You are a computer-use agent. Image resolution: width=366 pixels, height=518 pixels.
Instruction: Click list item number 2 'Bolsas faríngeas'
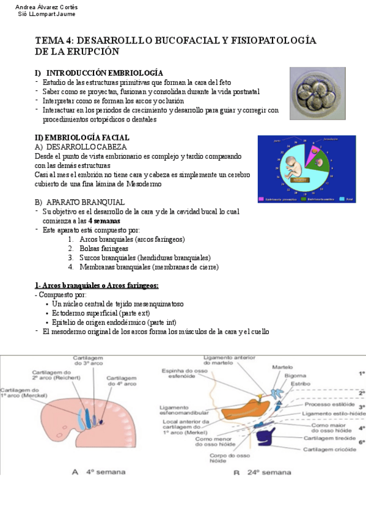(x=103, y=249)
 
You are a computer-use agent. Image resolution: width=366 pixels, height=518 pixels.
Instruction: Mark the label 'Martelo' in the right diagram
(x=282, y=367)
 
